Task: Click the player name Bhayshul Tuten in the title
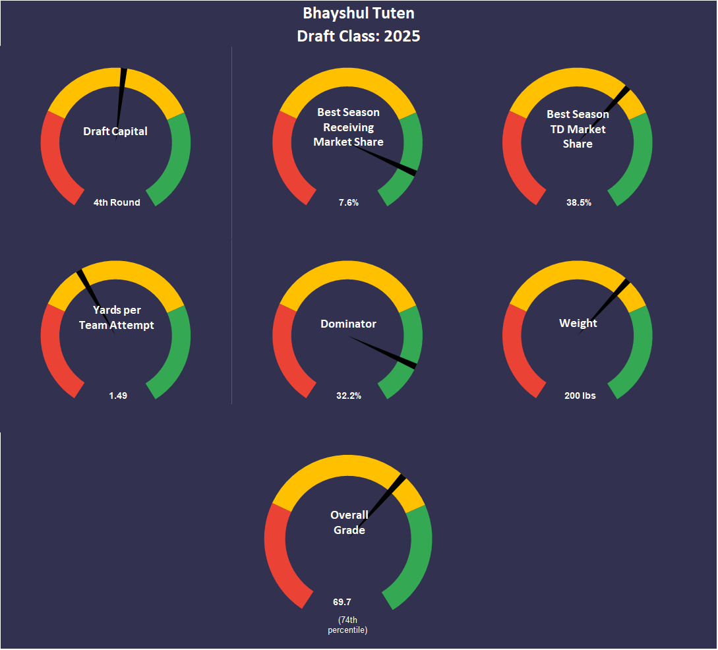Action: click(359, 13)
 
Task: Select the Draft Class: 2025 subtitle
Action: click(359, 36)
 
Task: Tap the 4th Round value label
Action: click(117, 202)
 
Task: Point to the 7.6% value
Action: click(349, 202)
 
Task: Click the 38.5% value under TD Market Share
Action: click(579, 202)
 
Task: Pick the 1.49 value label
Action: click(118, 396)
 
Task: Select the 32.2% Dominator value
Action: click(349, 396)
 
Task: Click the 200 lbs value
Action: click(580, 396)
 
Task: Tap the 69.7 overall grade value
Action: click(342, 602)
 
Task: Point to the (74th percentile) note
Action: click(347, 625)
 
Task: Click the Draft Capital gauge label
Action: click(115, 131)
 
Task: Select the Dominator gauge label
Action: click(349, 324)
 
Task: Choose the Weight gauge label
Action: click(578, 323)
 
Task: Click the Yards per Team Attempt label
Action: click(116, 318)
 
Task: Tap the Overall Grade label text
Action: click(349, 522)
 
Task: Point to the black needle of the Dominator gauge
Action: click(382, 351)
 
